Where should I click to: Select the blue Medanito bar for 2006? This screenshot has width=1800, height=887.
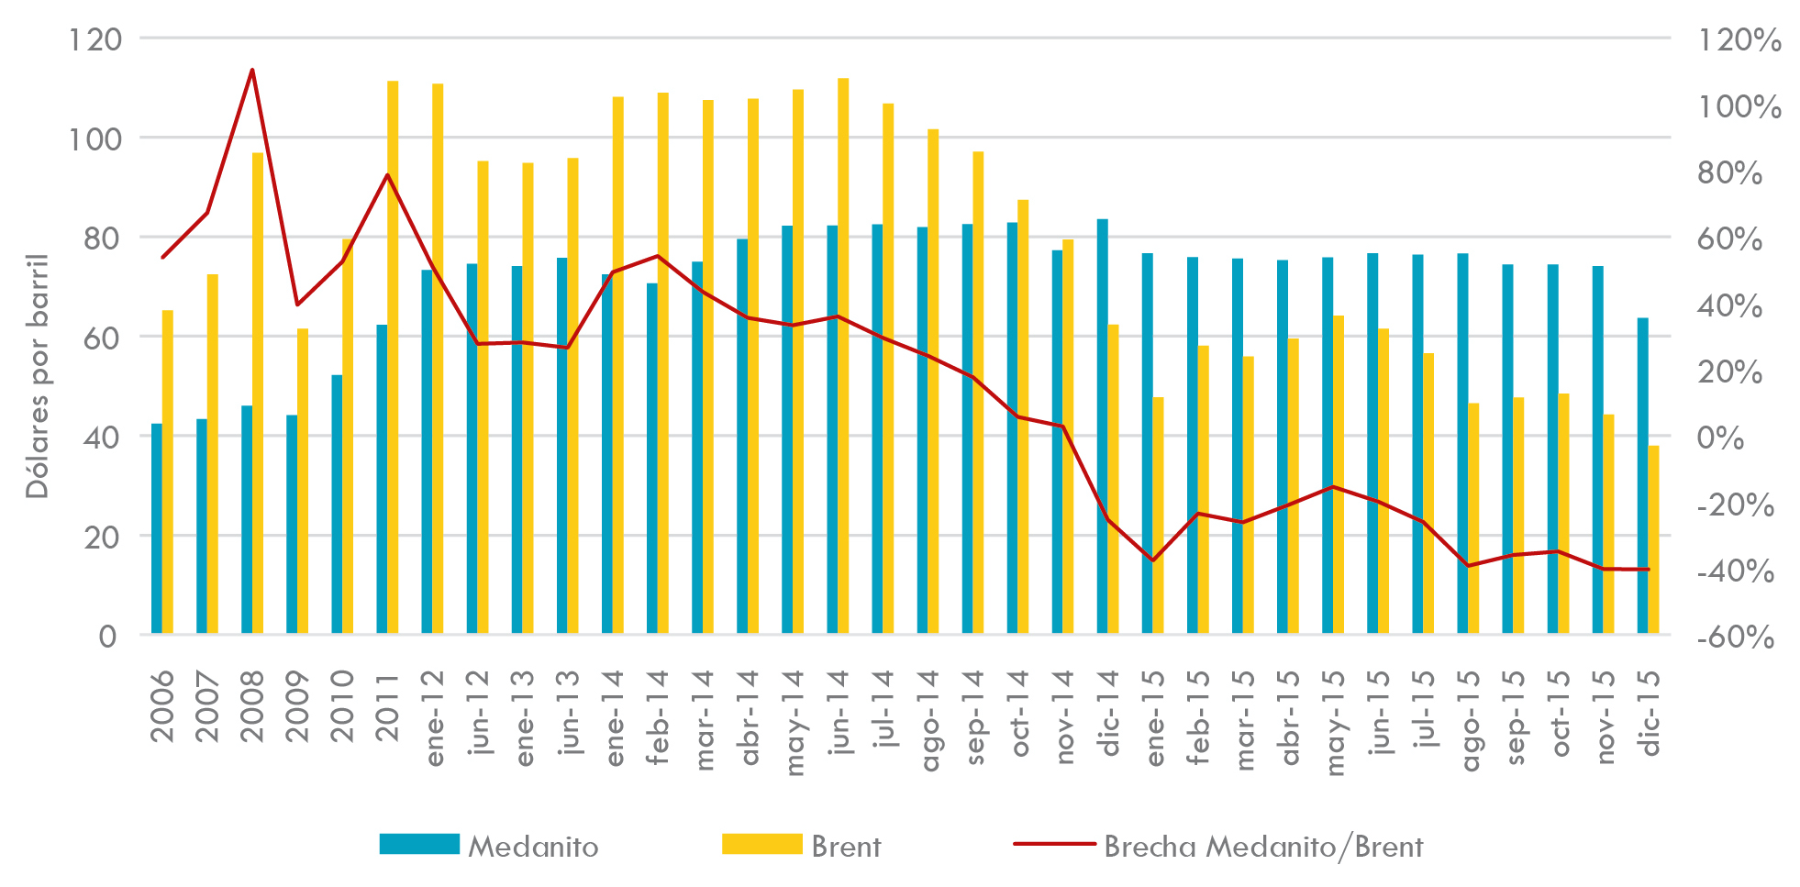click(157, 528)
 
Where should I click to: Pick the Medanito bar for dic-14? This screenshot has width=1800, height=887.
click(1103, 427)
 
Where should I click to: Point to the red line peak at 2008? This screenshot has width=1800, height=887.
click(252, 70)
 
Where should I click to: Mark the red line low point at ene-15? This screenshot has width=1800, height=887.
click(1153, 560)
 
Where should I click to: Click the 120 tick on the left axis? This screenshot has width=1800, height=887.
click(95, 39)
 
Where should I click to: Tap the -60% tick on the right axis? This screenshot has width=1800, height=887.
click(1734, 637)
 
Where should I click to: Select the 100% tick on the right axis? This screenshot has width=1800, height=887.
click(1739, 106)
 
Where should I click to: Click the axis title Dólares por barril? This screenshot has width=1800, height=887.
click(37, 376)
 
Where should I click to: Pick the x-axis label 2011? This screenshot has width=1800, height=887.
click(387, 706)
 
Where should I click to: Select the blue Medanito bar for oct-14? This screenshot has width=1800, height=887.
click(1013, 427)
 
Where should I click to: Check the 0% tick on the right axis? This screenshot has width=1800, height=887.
click(1720, 438)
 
